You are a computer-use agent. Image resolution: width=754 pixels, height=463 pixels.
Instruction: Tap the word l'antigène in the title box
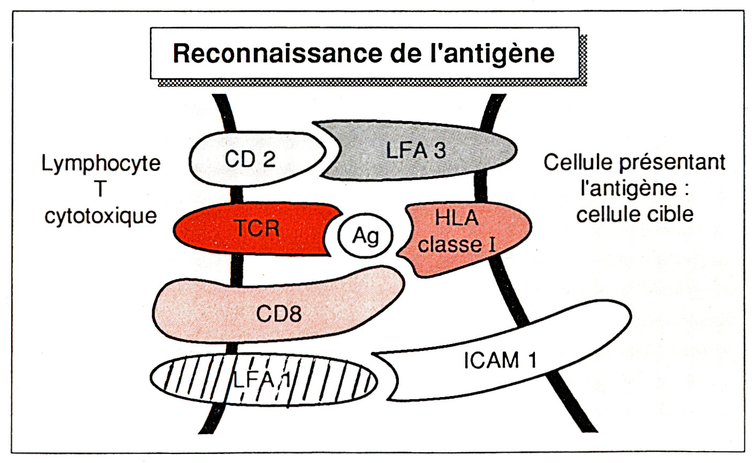click(498, 54)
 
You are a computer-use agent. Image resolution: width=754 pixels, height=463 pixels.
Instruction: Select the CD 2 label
click(250, 159)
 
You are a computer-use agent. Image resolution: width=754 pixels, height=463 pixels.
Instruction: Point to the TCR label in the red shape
click(257, 228)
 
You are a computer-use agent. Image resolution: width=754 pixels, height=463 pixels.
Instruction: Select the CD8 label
click(278, 313)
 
